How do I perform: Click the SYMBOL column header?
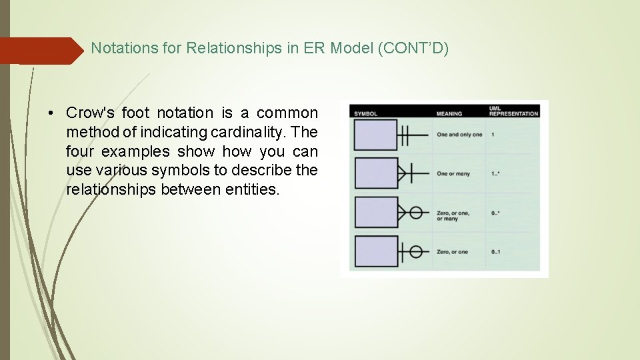pos(365,113)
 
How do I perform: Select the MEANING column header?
pos(449,113)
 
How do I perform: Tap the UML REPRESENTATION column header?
pos(513,111)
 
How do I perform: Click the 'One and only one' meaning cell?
pos(459,135)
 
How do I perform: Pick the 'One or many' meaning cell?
pos(453,174)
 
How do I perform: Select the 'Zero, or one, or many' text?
pos(453,215)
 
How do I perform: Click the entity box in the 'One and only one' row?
pos(375,135)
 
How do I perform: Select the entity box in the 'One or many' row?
pos(375,173)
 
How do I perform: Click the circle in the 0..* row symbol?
pos(415,213)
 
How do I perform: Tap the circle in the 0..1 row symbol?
pos(415,251)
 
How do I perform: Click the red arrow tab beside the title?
pos(40,51)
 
